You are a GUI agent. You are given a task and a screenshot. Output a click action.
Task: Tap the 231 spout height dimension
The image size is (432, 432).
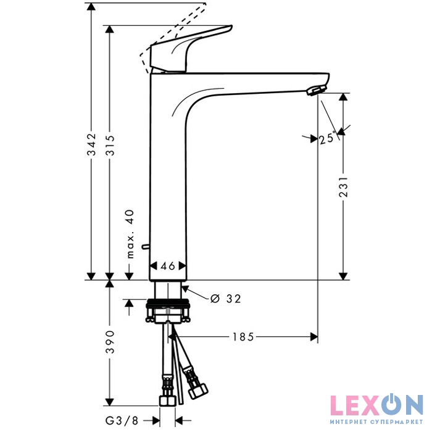pos(343,187)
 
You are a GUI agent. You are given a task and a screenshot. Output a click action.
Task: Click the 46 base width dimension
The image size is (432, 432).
pos(168,266)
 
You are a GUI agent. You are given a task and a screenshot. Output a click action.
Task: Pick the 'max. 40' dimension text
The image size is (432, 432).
pos(130,234)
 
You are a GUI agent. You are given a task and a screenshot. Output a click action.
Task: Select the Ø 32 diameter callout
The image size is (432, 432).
pos(225,298)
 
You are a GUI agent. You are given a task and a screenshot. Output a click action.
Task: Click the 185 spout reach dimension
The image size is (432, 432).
pos(243,337)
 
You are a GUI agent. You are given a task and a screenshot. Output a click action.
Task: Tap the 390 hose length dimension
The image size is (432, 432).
pos(110,342)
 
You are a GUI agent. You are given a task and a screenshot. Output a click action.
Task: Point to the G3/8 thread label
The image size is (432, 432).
pos(122,420)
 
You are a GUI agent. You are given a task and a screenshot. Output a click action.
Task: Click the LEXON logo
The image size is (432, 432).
pos(376,405)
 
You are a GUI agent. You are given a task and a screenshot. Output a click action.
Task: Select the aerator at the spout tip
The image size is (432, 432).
pos(317,90)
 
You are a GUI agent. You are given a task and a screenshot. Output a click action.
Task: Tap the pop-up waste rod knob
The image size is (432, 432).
pos(145,247)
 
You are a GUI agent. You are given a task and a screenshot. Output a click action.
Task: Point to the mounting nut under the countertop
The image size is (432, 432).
pos(167,310)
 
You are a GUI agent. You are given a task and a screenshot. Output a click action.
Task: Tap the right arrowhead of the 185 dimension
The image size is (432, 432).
pos(314,337)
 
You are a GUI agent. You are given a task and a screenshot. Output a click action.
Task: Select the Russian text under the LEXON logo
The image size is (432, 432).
pos(376,422)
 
